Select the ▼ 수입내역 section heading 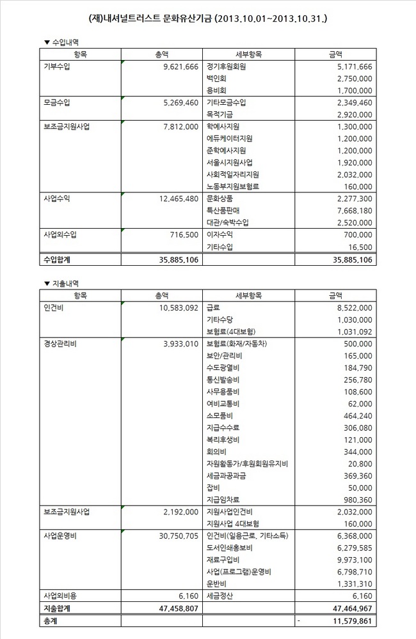[61, 42]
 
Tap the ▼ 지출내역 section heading [61, 283]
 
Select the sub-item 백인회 [216, 78]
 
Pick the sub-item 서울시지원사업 [229, 162]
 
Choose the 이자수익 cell [220, 235]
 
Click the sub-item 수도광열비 [223, 367]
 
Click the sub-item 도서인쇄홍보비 [229, 548]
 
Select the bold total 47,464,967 [350, 608]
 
